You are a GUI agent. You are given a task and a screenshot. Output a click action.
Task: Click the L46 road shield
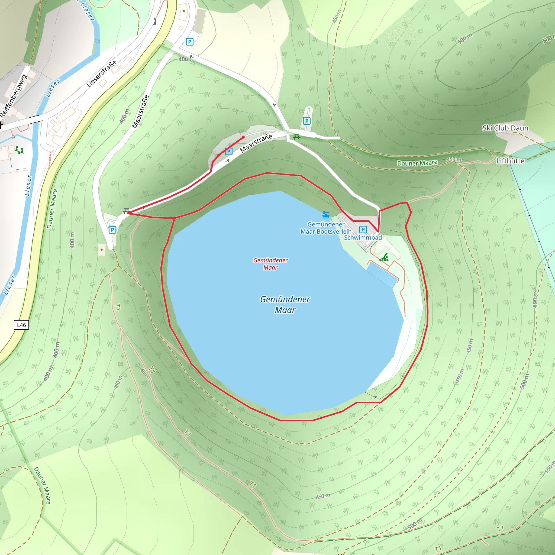[x=21, y=325]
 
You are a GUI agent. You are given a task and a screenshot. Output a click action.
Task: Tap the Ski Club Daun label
[x=505, y=128]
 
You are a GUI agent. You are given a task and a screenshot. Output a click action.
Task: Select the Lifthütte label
[x=510, y=161]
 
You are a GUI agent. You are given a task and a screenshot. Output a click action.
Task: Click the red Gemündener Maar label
[x=270, y=264]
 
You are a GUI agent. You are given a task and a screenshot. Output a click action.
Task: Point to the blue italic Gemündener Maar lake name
[x=285, y=305]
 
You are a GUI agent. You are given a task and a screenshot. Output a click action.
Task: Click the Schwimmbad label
[x=363, y=238]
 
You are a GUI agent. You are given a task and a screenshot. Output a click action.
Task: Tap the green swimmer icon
[x=384, y=257]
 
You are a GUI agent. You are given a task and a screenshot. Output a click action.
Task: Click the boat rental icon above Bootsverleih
[x=326, y=215]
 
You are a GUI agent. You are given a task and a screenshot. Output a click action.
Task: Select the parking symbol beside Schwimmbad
[x=363, y=229]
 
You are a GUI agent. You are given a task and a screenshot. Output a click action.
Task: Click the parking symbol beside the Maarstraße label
[x=229, y=151]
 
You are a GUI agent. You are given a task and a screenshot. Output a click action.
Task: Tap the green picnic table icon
[x=296, y=137]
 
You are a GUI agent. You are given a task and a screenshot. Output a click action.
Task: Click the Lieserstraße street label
[x=101, y=73]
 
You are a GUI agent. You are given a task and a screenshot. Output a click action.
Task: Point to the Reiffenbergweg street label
[x=14, y=96]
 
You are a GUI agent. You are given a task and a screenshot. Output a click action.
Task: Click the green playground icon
[x=19, y=150]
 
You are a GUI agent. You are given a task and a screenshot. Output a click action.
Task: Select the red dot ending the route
[x=243, y=137]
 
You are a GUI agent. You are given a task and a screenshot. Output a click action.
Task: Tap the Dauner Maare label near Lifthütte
[x=417, y=163]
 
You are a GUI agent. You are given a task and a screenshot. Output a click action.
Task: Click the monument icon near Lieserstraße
[x=155, y=21]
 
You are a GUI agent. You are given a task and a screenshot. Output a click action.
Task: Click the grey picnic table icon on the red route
[x=126, y=211]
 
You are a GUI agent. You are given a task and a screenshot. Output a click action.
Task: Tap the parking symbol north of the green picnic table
[x=306, y=121]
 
